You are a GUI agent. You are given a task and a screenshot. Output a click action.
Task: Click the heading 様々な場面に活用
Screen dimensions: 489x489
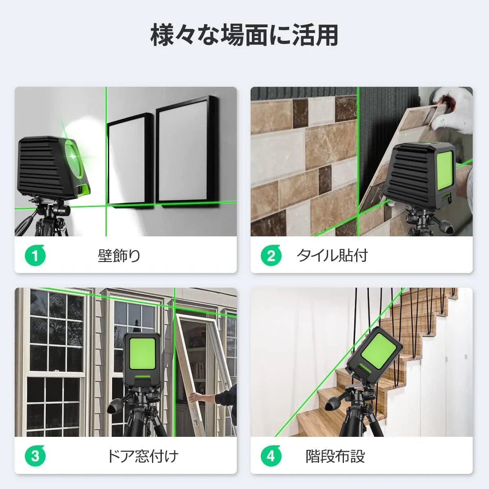point(244,35)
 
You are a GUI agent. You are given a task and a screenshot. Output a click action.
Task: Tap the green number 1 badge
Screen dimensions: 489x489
point(35,256)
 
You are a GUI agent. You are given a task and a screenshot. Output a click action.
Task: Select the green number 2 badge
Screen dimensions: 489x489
point(271,256)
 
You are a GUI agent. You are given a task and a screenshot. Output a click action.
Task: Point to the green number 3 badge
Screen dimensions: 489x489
point(35,456)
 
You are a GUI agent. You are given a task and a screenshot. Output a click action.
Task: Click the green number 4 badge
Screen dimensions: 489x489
point(271,456)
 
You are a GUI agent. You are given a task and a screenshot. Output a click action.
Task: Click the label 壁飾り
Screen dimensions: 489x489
point(119,256)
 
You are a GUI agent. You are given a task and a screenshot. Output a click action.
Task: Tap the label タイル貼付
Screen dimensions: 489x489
point(332,256)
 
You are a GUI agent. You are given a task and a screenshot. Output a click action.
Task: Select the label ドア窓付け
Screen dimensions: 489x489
point(143,456)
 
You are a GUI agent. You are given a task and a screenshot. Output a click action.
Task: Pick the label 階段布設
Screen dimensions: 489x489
point(335,456)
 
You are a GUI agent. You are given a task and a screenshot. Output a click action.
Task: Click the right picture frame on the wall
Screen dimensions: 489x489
point(187,151)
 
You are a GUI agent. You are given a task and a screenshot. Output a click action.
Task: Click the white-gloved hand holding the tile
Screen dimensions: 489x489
point(452,108)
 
